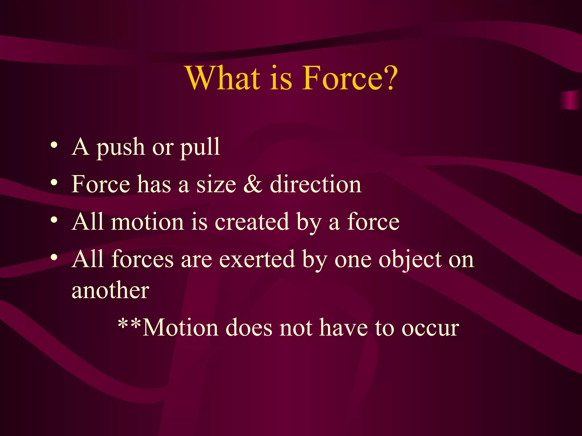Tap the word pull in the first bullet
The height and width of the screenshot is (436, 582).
(x=200, y=148)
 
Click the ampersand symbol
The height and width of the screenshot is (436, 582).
(x=253, y=185)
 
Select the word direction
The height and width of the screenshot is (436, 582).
(x=315, y=185)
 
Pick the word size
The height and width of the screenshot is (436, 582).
(x=216, y=185)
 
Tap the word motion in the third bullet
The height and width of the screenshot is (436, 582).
(x=147, y=222)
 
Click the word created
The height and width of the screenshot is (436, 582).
(x=251, y=222)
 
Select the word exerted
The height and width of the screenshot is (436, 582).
(x=257, y=259)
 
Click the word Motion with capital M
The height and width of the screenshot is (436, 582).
(x=180, y=328)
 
